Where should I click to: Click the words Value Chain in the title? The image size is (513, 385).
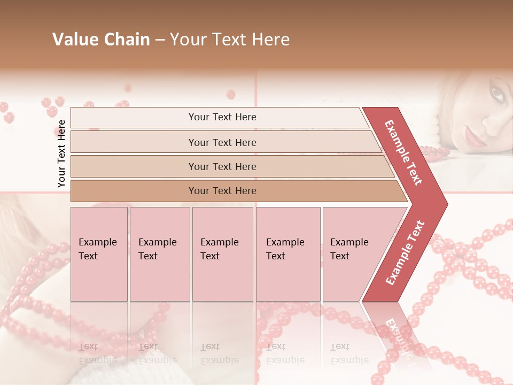point(101,40)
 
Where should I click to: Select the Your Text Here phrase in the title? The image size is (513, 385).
point(230,40)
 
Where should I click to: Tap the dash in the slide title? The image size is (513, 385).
point(160,40)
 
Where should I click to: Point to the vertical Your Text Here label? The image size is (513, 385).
point(61,153)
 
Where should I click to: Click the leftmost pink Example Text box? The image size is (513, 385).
point(99,253)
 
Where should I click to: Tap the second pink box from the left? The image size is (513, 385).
point(160,253)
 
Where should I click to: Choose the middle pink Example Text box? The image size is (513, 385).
point(222,253)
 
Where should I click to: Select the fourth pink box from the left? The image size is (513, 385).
point(288,253)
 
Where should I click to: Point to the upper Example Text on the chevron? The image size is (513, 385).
point(403,152)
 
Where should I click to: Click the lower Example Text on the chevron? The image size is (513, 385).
point(405,253)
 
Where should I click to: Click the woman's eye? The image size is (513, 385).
point(497,95)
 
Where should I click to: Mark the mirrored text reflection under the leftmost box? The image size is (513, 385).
point(97,353)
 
